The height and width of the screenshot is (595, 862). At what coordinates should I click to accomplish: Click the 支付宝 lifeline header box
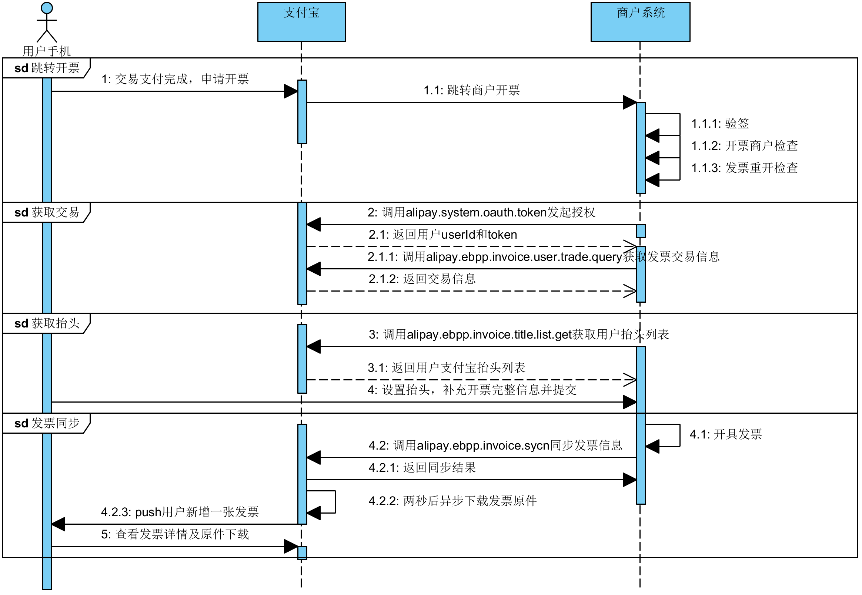pyautogui.click(x=301, y=21)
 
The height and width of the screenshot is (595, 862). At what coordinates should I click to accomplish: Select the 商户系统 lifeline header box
pyautogui.click(x=640, y=21)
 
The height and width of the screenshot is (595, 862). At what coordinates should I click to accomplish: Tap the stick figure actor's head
pyautogui.click(x=47, y=8)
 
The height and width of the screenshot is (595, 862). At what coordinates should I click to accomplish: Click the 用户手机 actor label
pyautogui.click(x=47, y=51)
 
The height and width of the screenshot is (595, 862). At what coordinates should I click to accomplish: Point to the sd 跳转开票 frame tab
pyautogui.click(x=46, y=68)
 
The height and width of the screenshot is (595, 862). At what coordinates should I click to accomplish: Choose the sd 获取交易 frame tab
pyautogui.click(x=46, y=212)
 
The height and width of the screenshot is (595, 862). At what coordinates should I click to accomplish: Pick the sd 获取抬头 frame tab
pyautogui.click(x=46, y=323)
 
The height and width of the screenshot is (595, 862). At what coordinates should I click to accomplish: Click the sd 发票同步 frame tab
pyautogui.click(x=46, y=423)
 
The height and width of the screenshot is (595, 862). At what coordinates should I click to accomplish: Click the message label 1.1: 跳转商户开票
pyautogui.click(x=471, y=90)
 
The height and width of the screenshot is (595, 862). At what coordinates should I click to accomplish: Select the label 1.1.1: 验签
pyautogui.click(x=720, y=123)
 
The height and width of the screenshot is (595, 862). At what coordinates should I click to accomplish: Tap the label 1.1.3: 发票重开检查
pyautogui.click(x=745, y=168)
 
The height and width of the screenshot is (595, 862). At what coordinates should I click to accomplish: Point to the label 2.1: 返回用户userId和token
pyautogui.click(x=443, y=235)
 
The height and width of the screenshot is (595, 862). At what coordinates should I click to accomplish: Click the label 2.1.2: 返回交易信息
pyautogui.click(x=422, y=279)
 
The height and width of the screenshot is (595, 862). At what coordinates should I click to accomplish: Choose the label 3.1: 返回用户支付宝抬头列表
pyautogui.click(x=447, y=367)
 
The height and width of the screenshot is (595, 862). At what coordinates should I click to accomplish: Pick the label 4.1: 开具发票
pyautogui.click(x=725, y=434)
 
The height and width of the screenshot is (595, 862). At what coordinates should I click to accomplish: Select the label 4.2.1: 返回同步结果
pyautogui.click(x=422, y=467)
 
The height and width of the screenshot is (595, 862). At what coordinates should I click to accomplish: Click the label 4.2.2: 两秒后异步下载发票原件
pyautogui.click(x=452, y=501)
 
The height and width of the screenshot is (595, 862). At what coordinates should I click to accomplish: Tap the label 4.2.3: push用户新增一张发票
pyautogui.click(x=180, y=512)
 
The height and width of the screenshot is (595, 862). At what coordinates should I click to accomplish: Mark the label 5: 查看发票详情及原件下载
pyautogui.click(x=175, y=534)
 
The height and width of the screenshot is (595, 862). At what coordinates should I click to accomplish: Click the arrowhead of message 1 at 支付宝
pyautogui.click(x=291, y=91)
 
